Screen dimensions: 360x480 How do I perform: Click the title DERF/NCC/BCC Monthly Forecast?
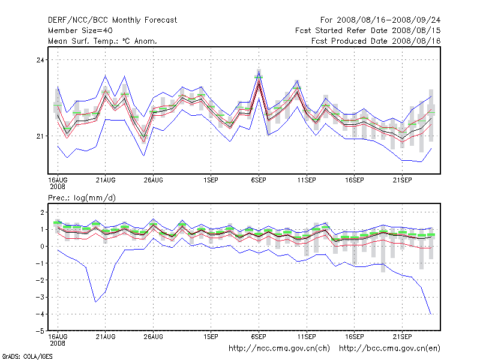pos(112,20)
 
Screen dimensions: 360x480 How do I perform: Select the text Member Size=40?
pos(80,30)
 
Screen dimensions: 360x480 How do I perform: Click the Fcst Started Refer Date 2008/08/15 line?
pos(368,30)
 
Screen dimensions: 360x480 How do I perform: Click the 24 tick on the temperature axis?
pos(41,60)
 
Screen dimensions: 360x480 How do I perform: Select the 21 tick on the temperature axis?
pos(41,136)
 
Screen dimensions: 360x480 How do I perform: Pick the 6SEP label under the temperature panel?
pos(259,179)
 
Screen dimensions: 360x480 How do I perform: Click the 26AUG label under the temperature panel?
pos(153,179)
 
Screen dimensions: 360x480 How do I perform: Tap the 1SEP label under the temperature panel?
pos(211,179)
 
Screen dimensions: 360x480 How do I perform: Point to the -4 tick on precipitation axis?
pos(40,314)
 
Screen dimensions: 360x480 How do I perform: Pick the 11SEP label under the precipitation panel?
pos(307,337)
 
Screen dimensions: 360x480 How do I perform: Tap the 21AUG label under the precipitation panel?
pos(106,337)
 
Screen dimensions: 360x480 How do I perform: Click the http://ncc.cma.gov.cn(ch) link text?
pos(280,348)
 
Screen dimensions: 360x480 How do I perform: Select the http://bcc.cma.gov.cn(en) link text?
pos(390,348)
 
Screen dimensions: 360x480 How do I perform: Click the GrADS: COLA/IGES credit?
pos(26,356)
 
